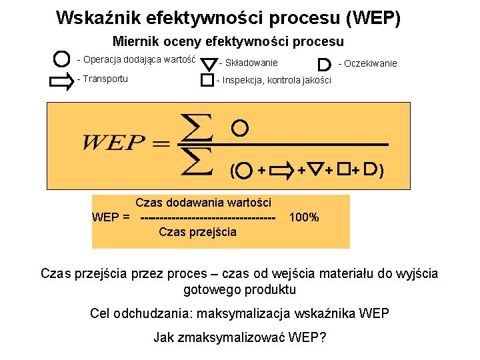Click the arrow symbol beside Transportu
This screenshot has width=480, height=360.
coord(62,81)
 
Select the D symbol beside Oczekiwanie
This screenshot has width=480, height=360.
coord(325,65)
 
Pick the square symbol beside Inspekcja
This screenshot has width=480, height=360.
coord(207,81)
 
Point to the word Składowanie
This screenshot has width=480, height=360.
coord(251,63)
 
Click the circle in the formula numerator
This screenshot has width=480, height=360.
coord(241,127)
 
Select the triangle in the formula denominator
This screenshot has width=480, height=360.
coord(317,171)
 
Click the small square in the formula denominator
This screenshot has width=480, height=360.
coord(343,170)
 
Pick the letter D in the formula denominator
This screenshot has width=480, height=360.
coord(371,170)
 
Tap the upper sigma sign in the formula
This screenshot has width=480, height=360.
coord(198,127)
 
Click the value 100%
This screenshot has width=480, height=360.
coord(304,218)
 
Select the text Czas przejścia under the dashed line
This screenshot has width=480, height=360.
coord(197,232)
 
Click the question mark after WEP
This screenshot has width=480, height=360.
coord(323,337)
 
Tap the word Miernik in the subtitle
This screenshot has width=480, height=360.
coord(136,41)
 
